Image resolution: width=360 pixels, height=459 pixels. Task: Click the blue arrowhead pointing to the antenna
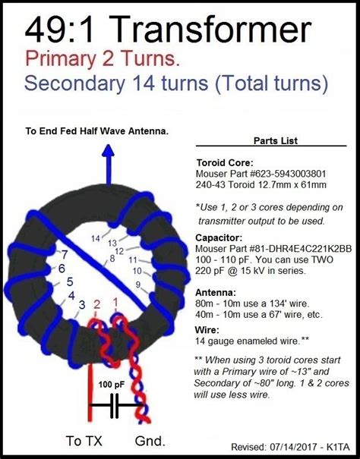109,151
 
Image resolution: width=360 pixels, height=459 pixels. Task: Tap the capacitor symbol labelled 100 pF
115,405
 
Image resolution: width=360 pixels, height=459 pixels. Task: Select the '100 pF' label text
111,385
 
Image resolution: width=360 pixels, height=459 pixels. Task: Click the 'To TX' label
84,441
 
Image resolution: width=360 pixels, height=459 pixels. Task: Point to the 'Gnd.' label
150,441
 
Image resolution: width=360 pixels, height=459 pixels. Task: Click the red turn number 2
96,305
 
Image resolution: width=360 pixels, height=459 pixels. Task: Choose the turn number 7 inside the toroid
65,255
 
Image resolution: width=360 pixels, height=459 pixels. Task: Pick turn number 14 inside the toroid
96,238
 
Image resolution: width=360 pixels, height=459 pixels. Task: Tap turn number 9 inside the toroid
137,285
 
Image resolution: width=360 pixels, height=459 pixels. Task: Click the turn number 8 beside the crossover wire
112,259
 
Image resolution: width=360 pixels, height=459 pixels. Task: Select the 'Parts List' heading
276,141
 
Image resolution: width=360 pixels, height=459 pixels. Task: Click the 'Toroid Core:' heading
225,163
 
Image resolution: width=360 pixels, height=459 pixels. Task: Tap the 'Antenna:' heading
216,292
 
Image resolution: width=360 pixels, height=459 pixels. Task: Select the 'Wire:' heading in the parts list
207,330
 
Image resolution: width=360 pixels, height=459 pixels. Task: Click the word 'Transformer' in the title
212,30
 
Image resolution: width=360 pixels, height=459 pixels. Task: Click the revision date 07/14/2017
292,447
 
